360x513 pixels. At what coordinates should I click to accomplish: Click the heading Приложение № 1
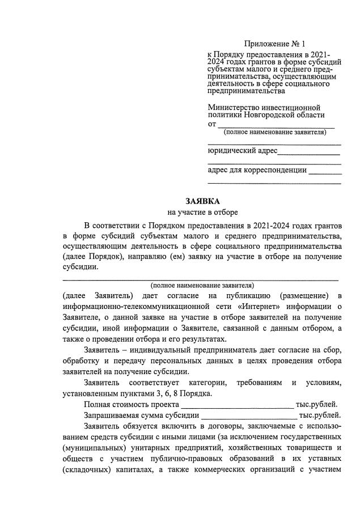[x=275, y=44]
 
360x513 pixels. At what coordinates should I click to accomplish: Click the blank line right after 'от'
[x=276, y=125]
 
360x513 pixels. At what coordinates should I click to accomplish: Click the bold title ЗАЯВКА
[x=202, y=201]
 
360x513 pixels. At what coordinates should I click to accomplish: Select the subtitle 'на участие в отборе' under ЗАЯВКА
[x=202, y=212]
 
